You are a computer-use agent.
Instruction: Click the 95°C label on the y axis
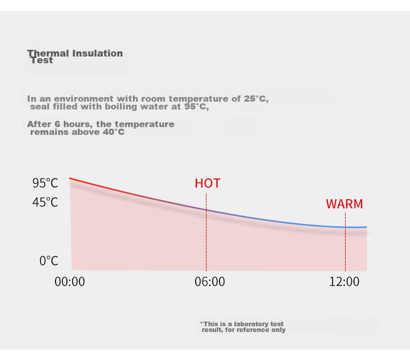45,183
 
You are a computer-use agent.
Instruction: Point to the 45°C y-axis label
45,202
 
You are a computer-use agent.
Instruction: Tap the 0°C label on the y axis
49,261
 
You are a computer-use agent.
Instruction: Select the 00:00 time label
70,282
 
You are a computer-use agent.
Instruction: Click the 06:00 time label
210,282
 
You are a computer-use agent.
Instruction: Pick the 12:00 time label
344,282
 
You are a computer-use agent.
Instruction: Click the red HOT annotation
208,183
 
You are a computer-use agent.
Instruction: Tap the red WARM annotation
345,204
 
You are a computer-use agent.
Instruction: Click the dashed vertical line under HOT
207,232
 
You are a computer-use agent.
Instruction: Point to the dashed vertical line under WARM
346,242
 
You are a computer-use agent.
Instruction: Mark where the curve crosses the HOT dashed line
207,210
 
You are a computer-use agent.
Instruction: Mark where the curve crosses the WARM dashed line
346,227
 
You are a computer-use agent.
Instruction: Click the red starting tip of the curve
70,178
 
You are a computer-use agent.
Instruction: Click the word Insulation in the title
98,53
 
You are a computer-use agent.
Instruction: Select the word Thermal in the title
48,53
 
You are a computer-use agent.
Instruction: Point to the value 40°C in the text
114,132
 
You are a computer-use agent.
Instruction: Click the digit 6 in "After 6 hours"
57,124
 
